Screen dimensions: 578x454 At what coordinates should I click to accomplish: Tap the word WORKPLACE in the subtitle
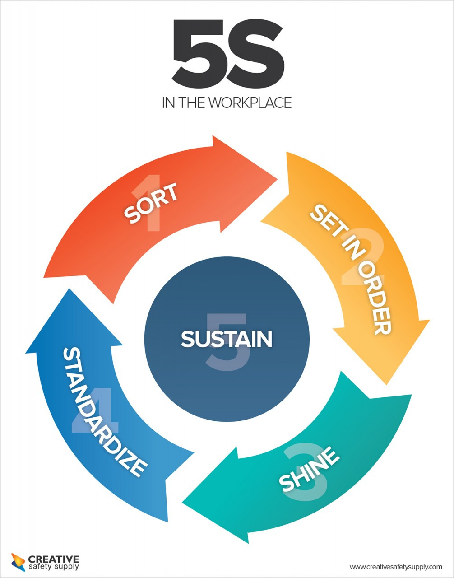coord(250,103)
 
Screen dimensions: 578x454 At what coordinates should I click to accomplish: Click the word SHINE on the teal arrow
coord(309,470)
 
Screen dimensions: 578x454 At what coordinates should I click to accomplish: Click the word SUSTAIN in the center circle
coord(227,339)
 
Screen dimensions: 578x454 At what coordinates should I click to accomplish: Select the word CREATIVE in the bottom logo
coord(53,559)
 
